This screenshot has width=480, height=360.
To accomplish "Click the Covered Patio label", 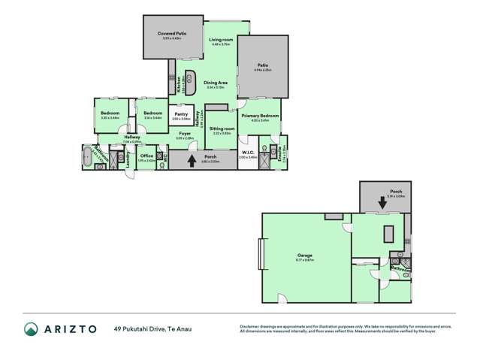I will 171,35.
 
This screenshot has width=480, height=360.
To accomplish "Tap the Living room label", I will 220,38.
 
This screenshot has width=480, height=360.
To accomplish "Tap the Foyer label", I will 185,134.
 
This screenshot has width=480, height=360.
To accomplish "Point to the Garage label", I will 305,255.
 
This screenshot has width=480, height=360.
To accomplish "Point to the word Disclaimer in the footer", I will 249,325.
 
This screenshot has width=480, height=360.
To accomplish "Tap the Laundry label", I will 129,160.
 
